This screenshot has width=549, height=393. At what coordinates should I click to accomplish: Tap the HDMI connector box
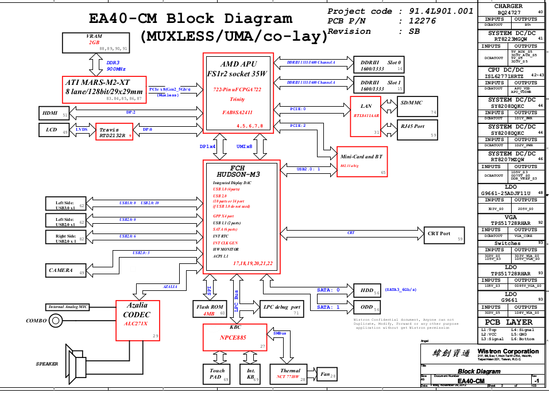(54, 113)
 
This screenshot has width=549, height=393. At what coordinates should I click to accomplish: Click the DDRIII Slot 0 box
(377, 65)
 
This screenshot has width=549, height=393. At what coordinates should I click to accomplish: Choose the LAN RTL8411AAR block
(366, 116)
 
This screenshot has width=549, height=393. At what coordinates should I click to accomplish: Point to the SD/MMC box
(417, 107)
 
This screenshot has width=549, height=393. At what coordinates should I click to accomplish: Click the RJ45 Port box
(417, 129)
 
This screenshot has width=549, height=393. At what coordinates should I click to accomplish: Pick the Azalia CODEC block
(138, 320)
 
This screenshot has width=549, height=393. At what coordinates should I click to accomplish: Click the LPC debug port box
(281, 309)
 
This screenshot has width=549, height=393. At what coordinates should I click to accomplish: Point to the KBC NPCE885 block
(234, 337)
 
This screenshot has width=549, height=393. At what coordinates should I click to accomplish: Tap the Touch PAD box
(217, 374)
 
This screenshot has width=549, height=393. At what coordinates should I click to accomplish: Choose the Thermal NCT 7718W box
(291, 374)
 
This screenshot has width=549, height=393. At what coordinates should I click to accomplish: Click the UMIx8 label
(245, 147)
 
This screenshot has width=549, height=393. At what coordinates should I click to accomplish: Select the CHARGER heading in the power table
(508, 6)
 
